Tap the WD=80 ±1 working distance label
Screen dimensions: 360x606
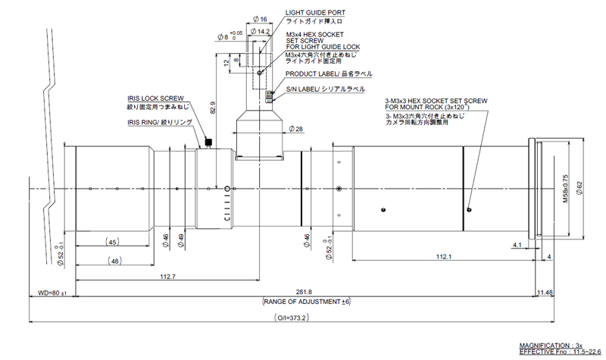pyautogui.click(x=52, y=293)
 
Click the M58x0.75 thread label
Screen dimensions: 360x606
pyautogui.click(x=564, y=186)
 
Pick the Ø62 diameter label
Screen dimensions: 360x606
pyautogui.click(x=579, y=186)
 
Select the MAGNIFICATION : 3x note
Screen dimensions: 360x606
pyautogui.click(x=551, y=345)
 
